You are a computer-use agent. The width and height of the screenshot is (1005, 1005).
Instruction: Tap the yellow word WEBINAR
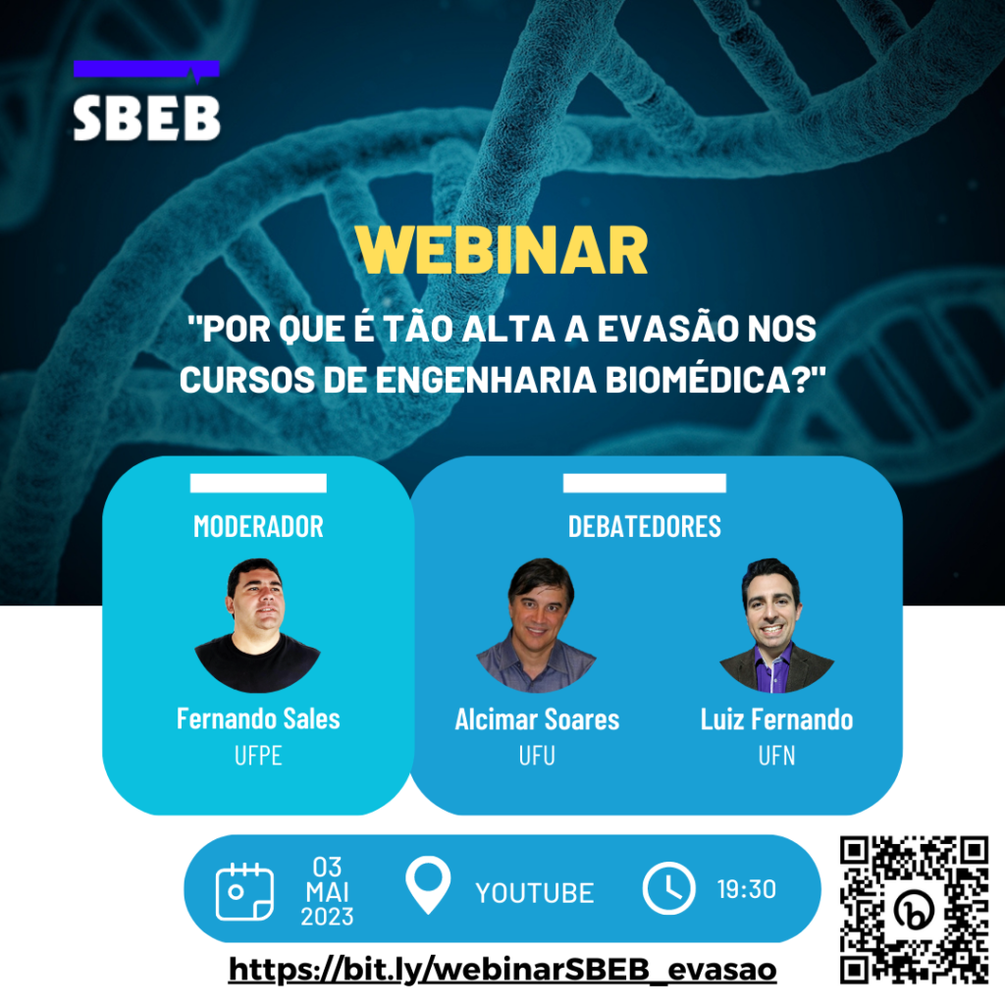pyautogui.click(x=502, y=251)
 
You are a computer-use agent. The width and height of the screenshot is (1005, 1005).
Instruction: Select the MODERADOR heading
pyautogui.click(x=258, y=526)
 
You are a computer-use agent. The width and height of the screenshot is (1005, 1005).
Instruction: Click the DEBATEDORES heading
pyautogui.click(x=644, y=526)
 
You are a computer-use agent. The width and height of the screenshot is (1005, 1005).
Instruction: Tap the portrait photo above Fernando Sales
pyautogui.click(x=257, y=626)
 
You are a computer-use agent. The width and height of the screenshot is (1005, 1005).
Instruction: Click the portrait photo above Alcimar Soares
pyautogui.click(x=537, y=626)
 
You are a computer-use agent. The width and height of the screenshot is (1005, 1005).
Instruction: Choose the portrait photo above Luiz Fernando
pyautogui.click(x=775, y=626)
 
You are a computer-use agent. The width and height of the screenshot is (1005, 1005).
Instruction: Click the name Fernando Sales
pyautogui.click(x=258, y=718)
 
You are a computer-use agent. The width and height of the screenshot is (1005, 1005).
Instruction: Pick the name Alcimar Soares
pyautogui.click(x=537, y=719)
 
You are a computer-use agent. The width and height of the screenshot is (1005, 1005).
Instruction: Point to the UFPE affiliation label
pyautogui.click(x=258, y=758)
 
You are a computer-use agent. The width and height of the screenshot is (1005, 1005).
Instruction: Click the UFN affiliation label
pyautogui.click(x=775, y=758)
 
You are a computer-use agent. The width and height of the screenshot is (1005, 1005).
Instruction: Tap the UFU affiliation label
pyautogui.click(x=537, y=758)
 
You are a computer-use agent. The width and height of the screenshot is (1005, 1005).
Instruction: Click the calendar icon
pyautogui.click(x=244, y=890)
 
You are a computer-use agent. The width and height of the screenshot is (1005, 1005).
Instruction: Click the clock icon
pyautogui.click(x=668, y=888)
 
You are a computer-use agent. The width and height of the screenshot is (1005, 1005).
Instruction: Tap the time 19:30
pyautogui.click(x=746, y=890)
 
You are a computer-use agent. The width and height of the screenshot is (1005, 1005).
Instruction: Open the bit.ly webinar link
pyautogui.click(x=502, y=970)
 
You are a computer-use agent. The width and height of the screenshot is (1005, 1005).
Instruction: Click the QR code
pyautogui.click(x=914, y=909)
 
